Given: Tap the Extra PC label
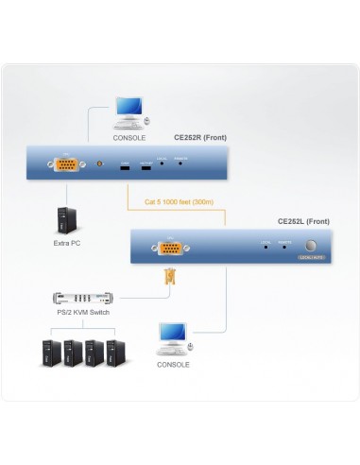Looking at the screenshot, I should (x=67, y=243).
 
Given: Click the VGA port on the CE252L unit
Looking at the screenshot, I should (x=171, y=250).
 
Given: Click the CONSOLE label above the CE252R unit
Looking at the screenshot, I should (x=129, y=138).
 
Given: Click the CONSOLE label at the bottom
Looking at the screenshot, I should (x=173, y=364).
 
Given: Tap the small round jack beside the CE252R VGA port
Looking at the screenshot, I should (x=101, y=164).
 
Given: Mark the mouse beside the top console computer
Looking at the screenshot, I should (x=146, y=121).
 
